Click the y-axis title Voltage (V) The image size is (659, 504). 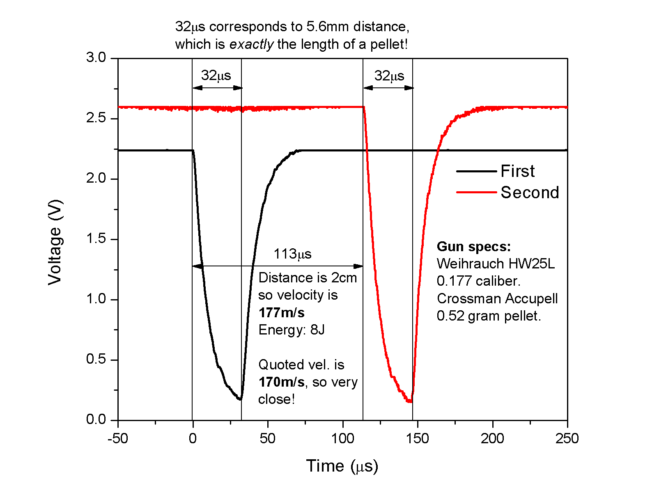tap(55, 242)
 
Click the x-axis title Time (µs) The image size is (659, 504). tap(342, 466)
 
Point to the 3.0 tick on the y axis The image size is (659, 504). tap(96, 58)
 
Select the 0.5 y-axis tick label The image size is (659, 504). tap(96, 360)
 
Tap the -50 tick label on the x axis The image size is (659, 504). tap(118, 439)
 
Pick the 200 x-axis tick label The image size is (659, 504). tap(492, 439)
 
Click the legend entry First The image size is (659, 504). tap(517, 171)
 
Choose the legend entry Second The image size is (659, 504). tap(530, 192)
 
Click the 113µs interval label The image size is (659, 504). tap(292, 254)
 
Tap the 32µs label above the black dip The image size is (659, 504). tap(216, 76)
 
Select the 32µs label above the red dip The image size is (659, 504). tap(389, 76)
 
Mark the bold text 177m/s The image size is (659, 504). tap(282, 313)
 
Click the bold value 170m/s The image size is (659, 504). tap(282, 382)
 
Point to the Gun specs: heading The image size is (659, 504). tap(474, 246)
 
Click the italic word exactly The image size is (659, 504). tap(251, 44)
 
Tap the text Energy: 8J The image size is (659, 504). tap(292, 330)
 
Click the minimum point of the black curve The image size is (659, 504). tap(240, 399)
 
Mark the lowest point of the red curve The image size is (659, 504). tap(409, 401)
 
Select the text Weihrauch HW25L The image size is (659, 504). tap(496, 263)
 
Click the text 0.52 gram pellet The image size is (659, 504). tap(489, 316)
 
